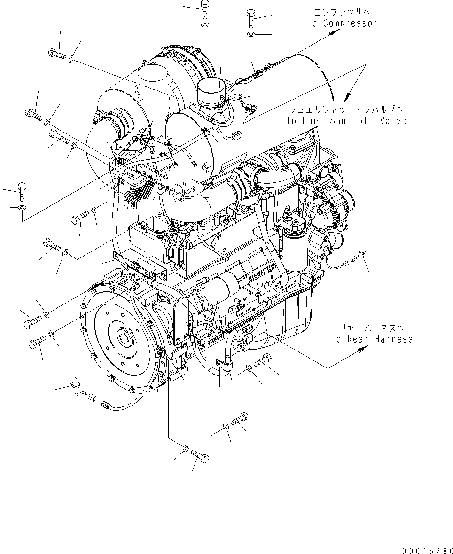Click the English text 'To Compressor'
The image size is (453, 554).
342,23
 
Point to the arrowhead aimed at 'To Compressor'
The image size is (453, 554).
336,31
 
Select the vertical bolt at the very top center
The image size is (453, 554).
205,8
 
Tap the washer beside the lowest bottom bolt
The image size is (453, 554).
186,447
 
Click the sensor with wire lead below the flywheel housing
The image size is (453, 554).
75,385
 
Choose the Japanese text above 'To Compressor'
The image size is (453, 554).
342,13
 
